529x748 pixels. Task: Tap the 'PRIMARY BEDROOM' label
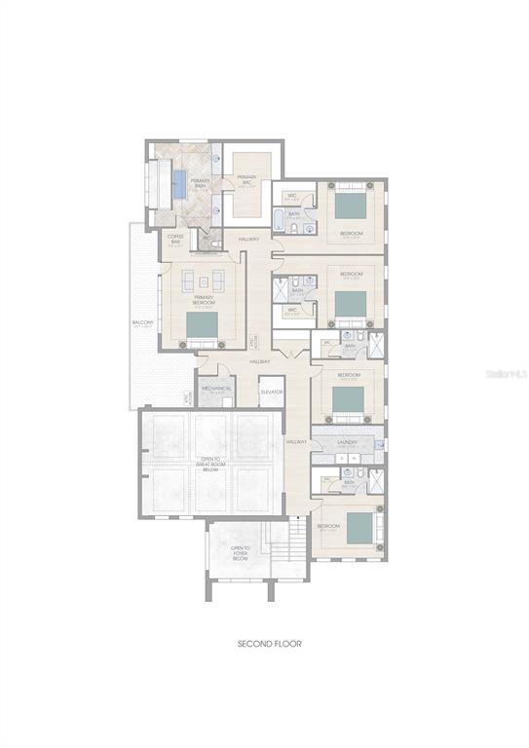[x=204, y=301]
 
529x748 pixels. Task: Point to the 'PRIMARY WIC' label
[x=247, y=178]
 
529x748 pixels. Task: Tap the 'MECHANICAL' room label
[x=216, y=389]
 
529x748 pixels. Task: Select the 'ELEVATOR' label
[x=271, y=392]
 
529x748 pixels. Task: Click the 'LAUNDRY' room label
[x=348, y=442]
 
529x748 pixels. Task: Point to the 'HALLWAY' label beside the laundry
[x=297, y=442]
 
